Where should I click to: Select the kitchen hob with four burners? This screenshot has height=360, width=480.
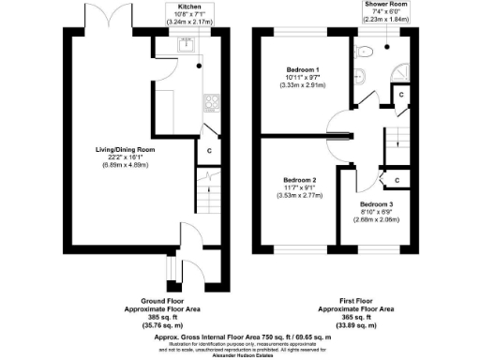pos(209,102)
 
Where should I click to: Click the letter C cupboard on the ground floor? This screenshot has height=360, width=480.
pos(209,151)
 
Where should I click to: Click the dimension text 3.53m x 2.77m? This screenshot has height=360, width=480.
pos(301,195)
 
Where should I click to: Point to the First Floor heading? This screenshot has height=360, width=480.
pos(355,301)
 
